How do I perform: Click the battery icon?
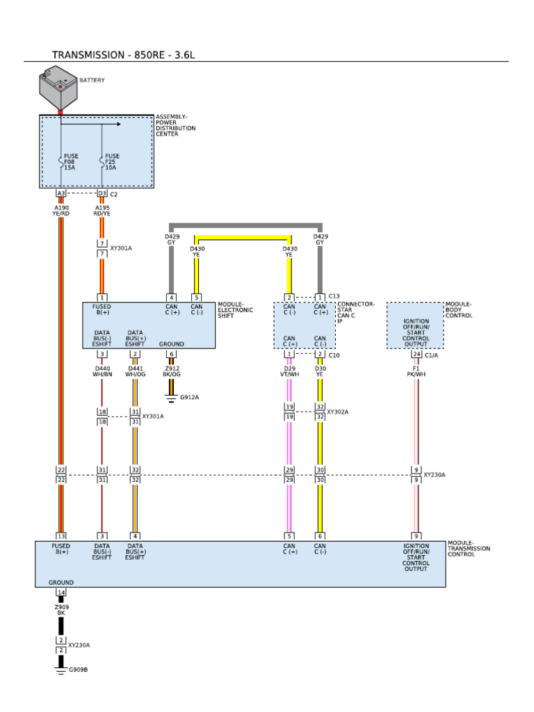(58, 86)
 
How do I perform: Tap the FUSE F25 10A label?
(111, 162)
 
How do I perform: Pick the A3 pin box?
(60, 193)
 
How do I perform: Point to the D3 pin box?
(102, 193)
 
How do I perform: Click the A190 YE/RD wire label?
(61, 210)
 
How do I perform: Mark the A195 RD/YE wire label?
(102, 210)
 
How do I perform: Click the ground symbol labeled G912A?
(171, 398)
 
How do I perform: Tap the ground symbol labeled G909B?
(60, 670)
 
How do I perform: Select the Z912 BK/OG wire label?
(172, 371)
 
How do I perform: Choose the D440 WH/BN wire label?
(102, 371)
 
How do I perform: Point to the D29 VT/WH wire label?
(290, 371)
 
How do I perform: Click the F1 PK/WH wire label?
(416, 371)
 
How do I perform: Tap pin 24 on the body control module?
(416, 354)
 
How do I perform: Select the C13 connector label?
(334, 296)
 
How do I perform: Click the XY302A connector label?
(337, 412)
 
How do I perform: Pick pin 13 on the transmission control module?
(61, 535)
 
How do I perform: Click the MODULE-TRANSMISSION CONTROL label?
(469, 549)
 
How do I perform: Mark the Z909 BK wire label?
(60, 610)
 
